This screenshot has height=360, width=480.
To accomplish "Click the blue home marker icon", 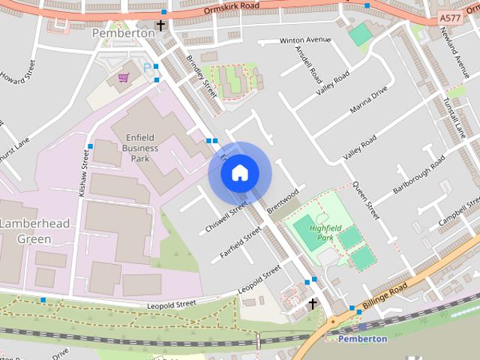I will click(240, 173).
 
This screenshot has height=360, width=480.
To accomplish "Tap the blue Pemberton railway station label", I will click(363, 338).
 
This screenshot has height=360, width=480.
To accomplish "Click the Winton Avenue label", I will click(305, 40).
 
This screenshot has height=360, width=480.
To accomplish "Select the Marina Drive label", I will click(368, 100).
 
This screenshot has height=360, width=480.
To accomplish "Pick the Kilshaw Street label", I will click(84, 172).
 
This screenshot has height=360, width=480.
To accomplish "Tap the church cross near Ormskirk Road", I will click(160, 27).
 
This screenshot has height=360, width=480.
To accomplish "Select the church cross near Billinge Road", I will click(313, 304).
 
